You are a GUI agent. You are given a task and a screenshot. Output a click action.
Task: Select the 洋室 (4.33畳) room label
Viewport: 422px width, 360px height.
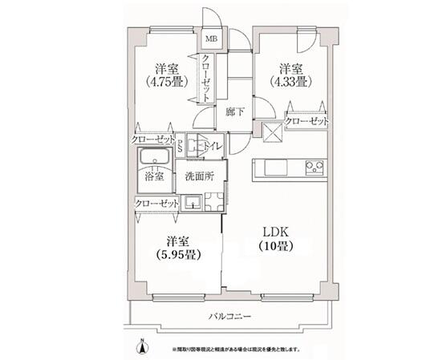pyautogui.click(x=290, y=74)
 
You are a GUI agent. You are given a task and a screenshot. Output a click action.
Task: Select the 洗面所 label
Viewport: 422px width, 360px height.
pyautogui.click(x=199, y=176)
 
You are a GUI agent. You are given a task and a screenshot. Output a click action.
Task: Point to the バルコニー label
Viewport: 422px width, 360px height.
pyautogui.click(x=229, y=318)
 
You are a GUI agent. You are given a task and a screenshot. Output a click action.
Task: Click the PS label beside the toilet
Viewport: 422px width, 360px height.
pyautogui.click(x=181, y=145)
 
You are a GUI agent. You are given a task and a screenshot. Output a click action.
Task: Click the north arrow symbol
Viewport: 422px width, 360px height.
pyautogui.click(x=142, y=346)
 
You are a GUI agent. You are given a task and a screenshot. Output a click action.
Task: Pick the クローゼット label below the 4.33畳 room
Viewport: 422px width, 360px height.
pyautogui.click(x=308, y=121)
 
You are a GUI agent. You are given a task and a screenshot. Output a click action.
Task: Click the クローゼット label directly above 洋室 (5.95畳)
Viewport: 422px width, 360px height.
pyautogui.click(x=157, y=204)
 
